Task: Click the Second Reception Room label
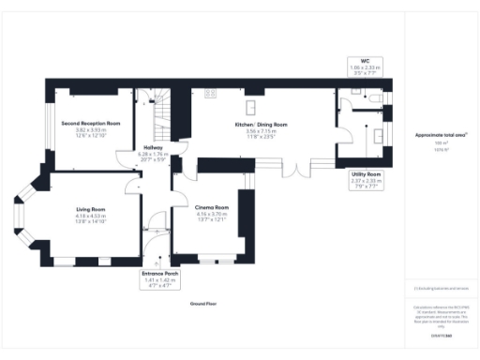click(91, 124)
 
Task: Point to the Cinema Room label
click(212, 206)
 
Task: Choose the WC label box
click(366, 66)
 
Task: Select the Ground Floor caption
click(203, 304)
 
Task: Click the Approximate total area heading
click(442, 135)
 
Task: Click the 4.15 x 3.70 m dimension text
click(212, 214)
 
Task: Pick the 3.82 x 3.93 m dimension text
click(91, 131)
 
